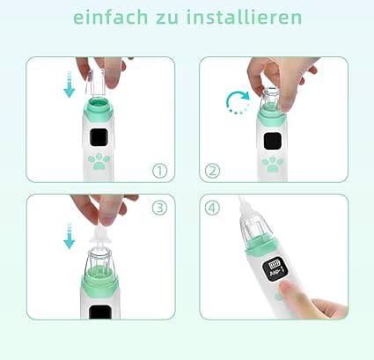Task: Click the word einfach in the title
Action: click(x=110, y=17)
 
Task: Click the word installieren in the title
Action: click(x=244, y=17)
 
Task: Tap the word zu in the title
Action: click(x=167, y=18)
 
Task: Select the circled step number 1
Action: click(x=159, y=171)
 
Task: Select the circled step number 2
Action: click(x=212, y=171)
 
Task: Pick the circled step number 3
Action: click(x=159, y=208)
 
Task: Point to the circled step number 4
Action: click(x=212, y=208)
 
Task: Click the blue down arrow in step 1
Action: click(x=70, y=84)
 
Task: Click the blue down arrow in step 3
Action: click(x=70, y=236)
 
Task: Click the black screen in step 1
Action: click(x=99, y=137)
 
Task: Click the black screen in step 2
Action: click(x=273, y=141)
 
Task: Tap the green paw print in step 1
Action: click(x=99, y=162)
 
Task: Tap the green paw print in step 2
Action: click(x=272, y=165)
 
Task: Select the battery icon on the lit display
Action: click(x=275, y=265)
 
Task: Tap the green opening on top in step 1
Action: click(x=99, y=103)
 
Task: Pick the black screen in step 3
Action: click(x=100, y=312)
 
